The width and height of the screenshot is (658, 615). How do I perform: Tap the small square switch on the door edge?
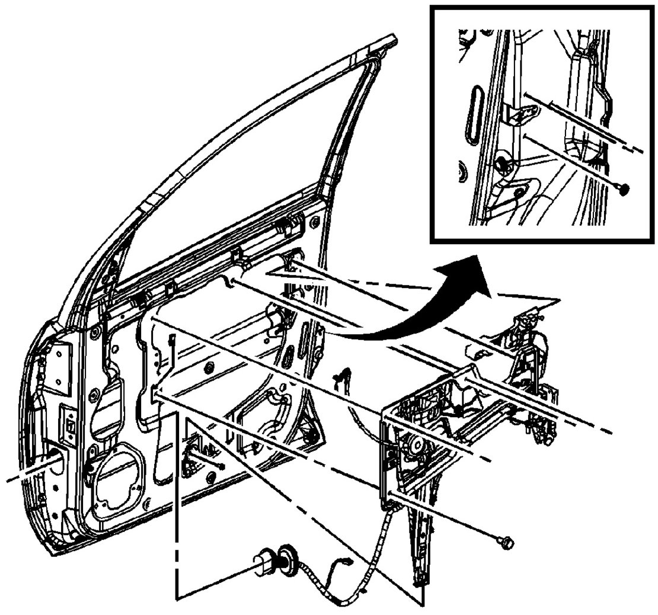[x=70, y=427]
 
